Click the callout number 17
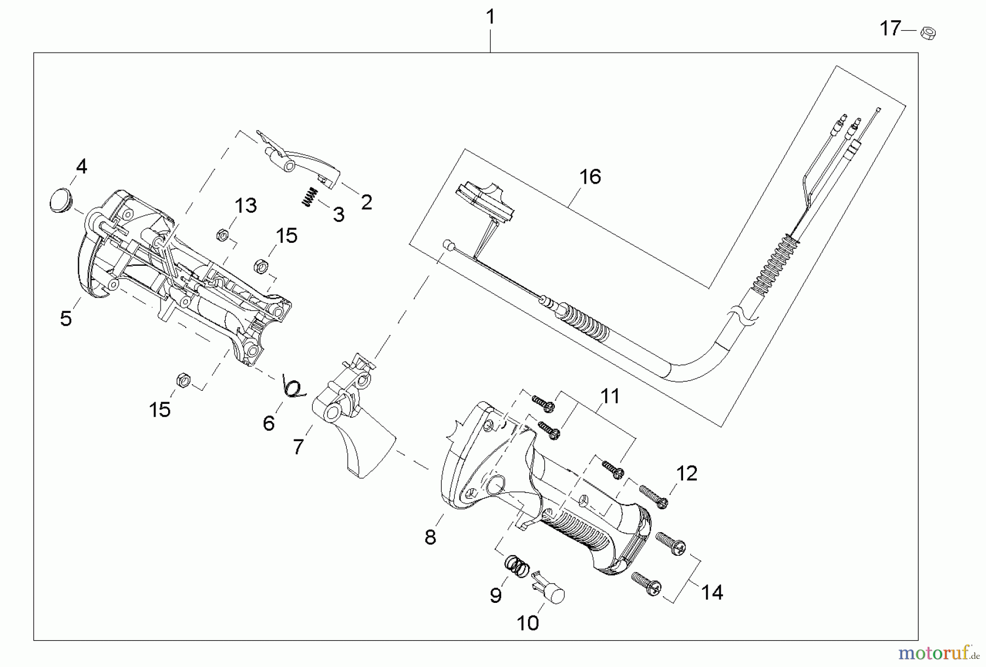click(890, 28)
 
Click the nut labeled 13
click(222, 236)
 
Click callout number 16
click(590, 177)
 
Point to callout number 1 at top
click(490, 17)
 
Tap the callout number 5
click(66, 318)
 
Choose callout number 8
click(431, 537)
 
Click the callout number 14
click(712, 592)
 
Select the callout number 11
click(610, 396)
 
